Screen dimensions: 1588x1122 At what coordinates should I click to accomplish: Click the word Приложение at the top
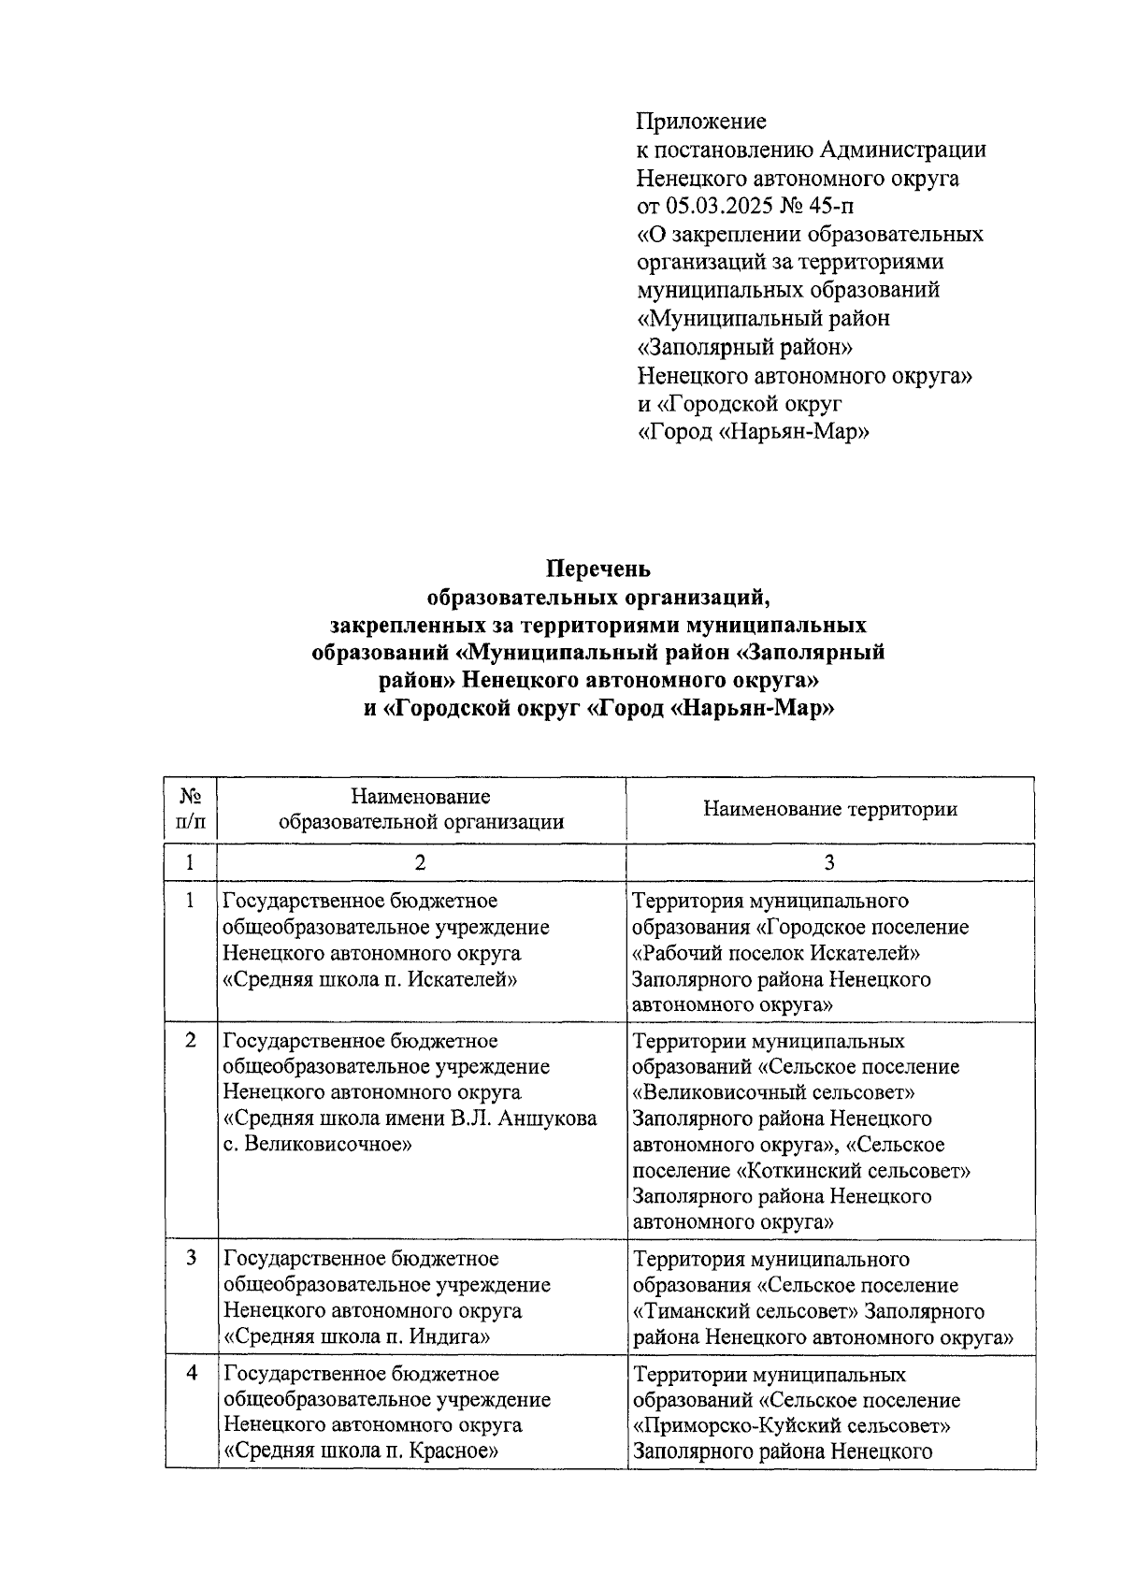coord(701,121)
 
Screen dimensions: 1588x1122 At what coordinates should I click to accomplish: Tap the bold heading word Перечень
coord(598,569)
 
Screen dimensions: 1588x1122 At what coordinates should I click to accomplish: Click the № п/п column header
coord(190,809)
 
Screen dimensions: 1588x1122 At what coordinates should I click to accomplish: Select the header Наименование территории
coord(829,809)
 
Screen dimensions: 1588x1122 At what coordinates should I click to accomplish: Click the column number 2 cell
coord(421,863)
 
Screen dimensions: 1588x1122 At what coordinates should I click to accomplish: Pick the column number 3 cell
coord(829,863)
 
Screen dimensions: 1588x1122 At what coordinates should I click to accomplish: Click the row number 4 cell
coord(191,1374)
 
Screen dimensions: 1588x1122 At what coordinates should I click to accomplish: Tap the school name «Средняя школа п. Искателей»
coord(371,979)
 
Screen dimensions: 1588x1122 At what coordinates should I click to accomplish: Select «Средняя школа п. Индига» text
coord(358,1336)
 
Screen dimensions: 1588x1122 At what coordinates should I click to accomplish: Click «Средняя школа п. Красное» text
coord(360,1451)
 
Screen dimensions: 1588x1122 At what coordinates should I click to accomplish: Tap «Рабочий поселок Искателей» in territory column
coord(777,953)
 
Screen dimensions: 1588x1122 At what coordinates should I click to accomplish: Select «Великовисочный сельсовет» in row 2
coord(774,1092)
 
